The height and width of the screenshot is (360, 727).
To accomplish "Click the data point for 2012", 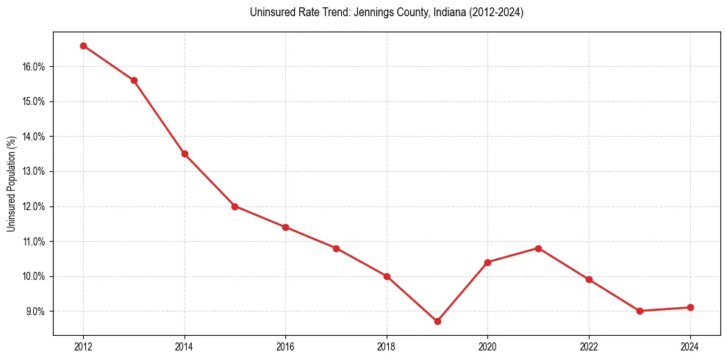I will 83,46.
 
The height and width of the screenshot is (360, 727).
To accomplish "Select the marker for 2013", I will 134,80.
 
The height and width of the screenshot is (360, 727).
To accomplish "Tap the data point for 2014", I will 185,154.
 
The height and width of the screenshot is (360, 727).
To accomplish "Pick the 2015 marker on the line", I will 234,206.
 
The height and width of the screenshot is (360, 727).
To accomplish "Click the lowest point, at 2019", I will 437,321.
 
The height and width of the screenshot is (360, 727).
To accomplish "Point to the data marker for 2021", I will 538,248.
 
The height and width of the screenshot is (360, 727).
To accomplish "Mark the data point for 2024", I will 690,307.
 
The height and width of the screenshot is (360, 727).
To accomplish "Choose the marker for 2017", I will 336,248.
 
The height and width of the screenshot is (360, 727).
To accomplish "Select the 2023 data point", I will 640,311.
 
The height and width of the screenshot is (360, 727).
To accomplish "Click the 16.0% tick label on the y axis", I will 35,67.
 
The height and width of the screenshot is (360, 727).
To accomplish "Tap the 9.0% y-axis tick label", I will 36,312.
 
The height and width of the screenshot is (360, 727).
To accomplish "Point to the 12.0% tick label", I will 35,206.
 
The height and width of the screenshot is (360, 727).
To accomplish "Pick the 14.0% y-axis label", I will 35,137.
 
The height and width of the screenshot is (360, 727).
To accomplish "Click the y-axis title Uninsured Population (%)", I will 12,184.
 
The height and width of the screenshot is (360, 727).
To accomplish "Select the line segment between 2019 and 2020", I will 462,292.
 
